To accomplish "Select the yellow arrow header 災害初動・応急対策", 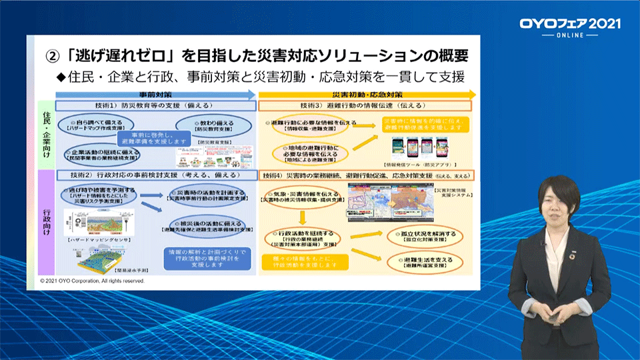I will (367, 95).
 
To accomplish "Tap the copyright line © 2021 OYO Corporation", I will (92, 283).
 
